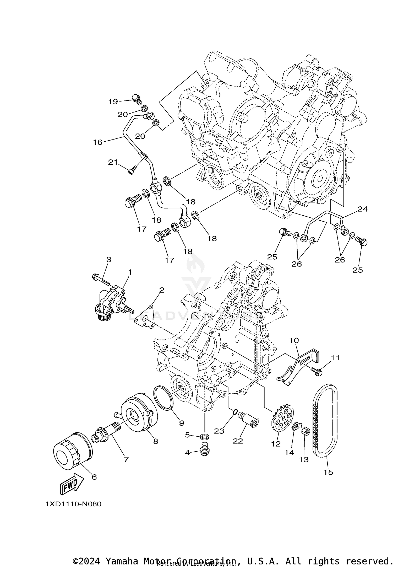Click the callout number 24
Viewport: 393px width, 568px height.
(x=363, y=209)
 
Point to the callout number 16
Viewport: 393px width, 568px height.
(x=97, y=142)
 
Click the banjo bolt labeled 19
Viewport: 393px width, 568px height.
(x=136, y=99)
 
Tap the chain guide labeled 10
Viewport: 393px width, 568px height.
(x=296, y=367)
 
